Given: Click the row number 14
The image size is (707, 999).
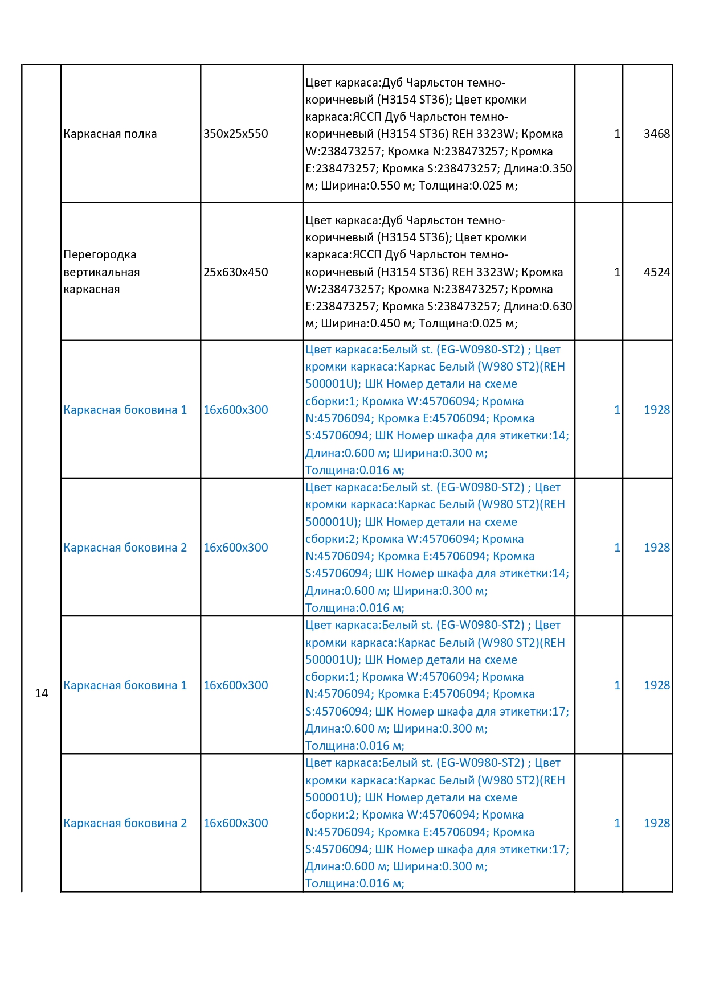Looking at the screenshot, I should [x=41, y=693].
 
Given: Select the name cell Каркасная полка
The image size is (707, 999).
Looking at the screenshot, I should [x=110, y=134].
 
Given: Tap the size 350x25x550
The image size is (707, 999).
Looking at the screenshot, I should [x=235, y=134].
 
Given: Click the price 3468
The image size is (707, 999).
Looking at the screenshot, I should [x=656, y=134].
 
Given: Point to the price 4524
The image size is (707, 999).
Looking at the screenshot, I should [x=656, y=272].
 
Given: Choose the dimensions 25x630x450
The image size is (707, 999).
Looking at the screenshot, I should [x=235, y=272].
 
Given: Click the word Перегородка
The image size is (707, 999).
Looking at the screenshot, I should [x=100, y=255].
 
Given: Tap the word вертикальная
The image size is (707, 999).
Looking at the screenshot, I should [x=101, y=272].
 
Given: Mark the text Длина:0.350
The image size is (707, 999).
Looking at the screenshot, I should [x=538, y=168].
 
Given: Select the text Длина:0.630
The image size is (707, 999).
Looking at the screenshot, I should [x=538, y=306].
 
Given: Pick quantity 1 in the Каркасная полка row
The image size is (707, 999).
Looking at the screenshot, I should [x=617, y=134].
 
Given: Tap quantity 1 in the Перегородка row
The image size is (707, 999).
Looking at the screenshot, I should [x=617, y=272].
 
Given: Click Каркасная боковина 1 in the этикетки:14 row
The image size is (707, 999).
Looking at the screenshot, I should [x=125, y=410].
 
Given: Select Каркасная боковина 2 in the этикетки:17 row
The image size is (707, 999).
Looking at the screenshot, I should [x=125, y=823].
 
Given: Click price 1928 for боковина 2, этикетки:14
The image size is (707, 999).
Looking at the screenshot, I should [x=656, y=548].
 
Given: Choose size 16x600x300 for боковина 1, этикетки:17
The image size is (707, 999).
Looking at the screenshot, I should [x=235, y=685].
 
